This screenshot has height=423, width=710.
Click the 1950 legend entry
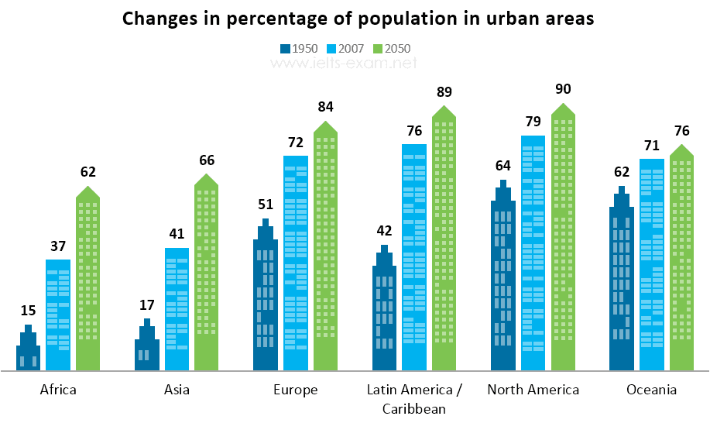[299, 48]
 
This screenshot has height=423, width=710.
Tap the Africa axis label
[58, 390]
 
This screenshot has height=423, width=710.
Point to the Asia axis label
[177, 390]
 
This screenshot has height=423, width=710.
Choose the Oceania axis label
[652, 390]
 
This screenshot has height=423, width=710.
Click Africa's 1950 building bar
[29, 352]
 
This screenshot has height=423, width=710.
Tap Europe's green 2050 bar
[325, 248]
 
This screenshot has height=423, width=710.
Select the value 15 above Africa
[28, 311]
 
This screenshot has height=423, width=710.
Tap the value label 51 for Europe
[266, 205]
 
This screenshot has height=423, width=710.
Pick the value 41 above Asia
[177, 234]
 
